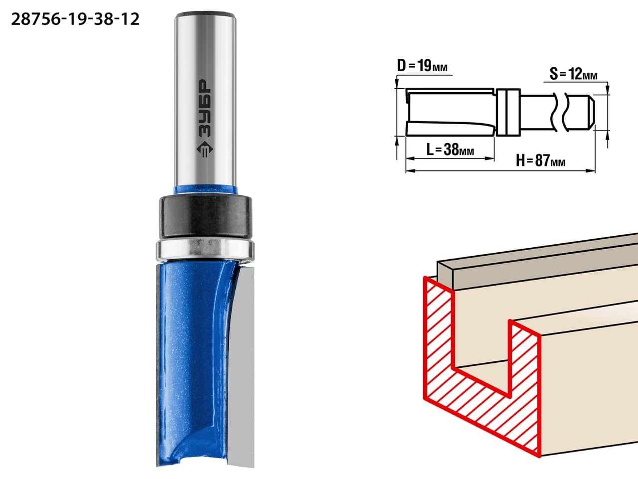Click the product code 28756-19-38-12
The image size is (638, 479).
(75, 19)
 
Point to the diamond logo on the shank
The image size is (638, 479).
(205, 150)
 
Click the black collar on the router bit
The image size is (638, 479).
(205, 216)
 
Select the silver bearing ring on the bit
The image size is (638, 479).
(205, 250)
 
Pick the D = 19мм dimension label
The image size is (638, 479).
(422, 66)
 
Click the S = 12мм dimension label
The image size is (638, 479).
(573, 74)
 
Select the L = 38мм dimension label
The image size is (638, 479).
(450, 150)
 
